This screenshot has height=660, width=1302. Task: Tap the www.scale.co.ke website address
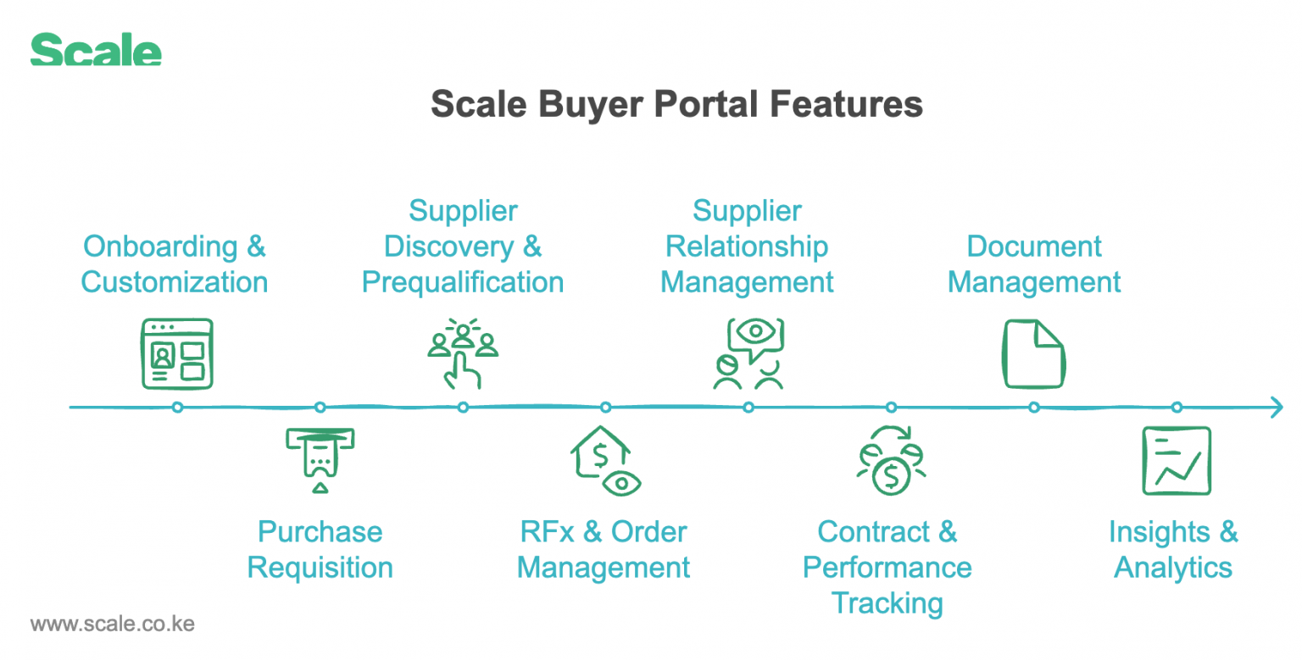113,625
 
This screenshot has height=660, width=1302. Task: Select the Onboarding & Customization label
175,264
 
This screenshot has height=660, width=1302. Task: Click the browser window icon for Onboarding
176,354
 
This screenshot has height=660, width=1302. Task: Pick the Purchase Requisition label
320,550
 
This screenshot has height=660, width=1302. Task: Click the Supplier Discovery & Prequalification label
463,247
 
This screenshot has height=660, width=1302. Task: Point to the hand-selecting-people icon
463,353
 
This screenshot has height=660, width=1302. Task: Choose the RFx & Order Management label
604,550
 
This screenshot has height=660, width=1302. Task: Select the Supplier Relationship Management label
747,247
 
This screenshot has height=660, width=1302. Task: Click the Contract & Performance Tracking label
887,568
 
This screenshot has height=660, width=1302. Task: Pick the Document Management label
1034,264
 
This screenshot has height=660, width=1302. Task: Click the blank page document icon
1033,354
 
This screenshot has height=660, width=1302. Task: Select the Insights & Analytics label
1173,550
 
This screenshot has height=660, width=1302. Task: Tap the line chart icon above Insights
1177,460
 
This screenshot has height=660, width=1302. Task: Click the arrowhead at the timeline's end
1275,408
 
